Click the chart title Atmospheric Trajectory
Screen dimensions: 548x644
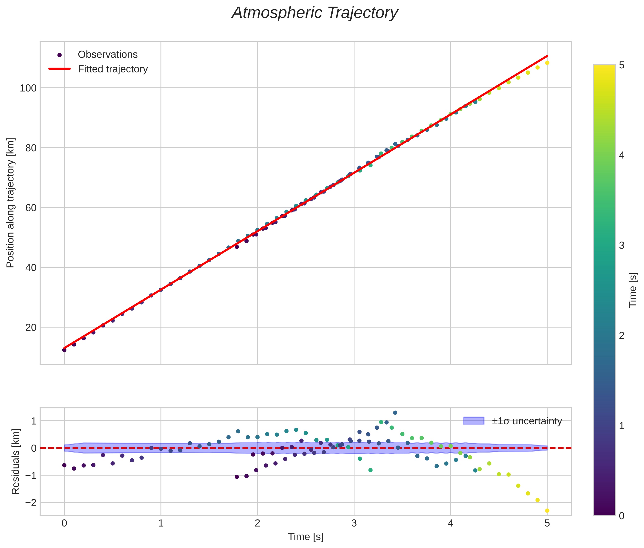(315, 13)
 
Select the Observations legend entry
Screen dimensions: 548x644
(107, 55)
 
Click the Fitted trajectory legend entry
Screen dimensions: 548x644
(113, 69)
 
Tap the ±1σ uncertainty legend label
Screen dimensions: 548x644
(527, 421)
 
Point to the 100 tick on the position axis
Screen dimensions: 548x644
(28, 88)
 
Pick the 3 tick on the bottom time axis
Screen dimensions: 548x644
(354, 523)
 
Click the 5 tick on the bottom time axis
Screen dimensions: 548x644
(547, 523)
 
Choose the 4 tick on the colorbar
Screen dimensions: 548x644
(622, 155)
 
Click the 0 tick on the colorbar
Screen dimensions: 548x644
(622, 516)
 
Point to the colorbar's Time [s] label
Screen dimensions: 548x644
(633, 290)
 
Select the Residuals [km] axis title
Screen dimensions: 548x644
(16, 462)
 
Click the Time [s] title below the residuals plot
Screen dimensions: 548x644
(306, 537)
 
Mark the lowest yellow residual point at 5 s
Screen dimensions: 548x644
(547, 511)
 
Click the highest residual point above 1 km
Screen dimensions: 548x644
(395, 413)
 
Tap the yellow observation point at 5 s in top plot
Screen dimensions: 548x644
(547, 63)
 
